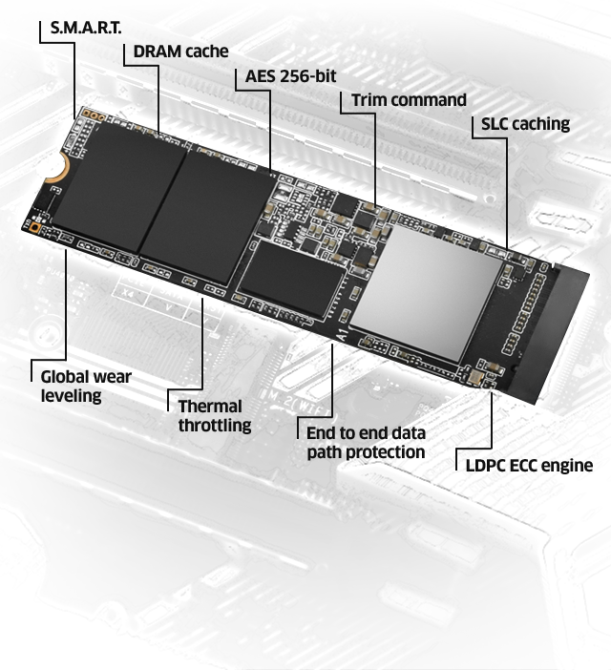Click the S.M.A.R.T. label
click(x=86, y=28)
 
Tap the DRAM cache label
click(x=180, y=52)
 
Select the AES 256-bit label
click(x=290, y=76)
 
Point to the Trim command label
click(x=409, y=100)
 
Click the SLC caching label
click(x=525, y=124)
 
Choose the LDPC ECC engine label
click(x=529, y=466)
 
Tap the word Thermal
click(x=210, y=407)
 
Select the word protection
click(x=385, y=452)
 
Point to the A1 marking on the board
click(x=343, y=334)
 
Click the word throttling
click(x=215, y=426)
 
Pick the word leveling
click(x=71, y=396)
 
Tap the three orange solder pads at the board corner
click(x=94, y=115)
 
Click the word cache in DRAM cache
click(x=207, y=52)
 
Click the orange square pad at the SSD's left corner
click(x=35, y=228)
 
